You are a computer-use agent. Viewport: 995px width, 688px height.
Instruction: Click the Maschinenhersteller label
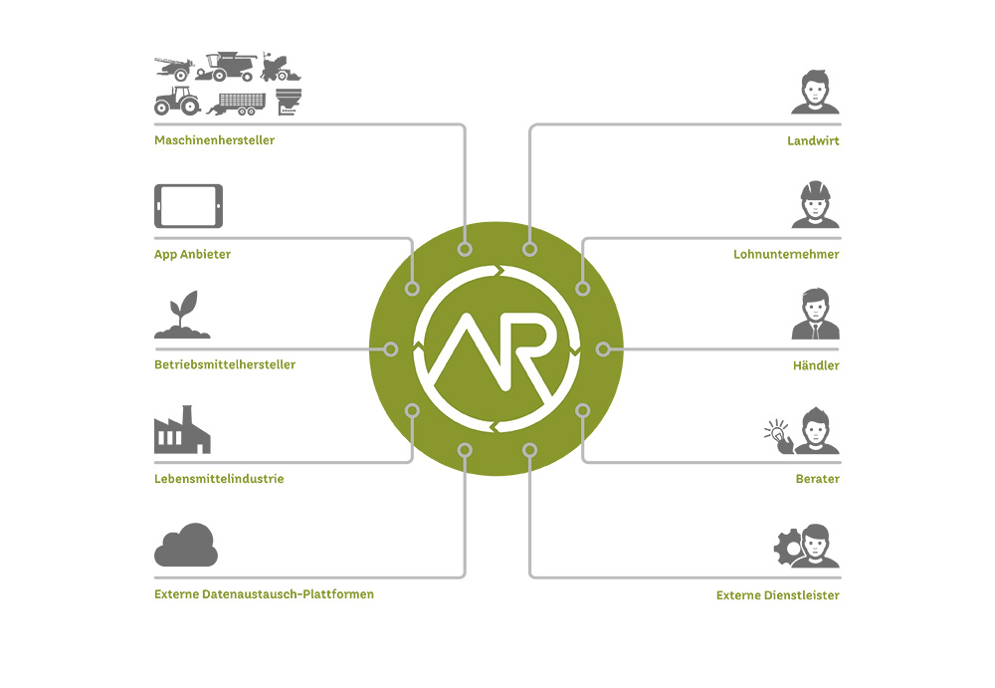tap(214, 140)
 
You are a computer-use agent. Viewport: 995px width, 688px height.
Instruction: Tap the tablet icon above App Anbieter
tap(188, 206)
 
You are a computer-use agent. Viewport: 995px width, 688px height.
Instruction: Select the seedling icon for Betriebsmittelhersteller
tap(182, 316)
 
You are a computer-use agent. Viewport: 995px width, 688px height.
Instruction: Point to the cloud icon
tap(186, 546)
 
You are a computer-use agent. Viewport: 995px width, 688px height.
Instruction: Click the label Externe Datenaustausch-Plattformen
tap(264, 594)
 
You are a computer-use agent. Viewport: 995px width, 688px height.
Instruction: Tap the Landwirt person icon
tap(815, 93)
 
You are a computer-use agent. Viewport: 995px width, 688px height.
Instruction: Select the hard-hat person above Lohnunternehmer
tap(815, 205)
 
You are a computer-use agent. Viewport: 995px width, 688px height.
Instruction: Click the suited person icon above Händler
tap(815, 316)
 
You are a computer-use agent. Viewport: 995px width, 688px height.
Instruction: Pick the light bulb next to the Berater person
tap(775, 432)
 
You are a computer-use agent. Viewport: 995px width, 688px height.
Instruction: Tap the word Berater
tap(817, 479)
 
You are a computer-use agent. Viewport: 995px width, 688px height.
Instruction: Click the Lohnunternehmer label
tap(786, 254)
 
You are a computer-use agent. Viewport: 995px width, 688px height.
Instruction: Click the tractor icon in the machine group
tap(177, 101)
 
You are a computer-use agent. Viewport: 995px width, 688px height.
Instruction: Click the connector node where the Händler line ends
tap(602, 349)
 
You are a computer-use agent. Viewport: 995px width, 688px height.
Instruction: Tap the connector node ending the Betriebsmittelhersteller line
tap(391, 349)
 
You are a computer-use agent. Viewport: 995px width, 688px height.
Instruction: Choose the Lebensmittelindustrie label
tap(219, 479)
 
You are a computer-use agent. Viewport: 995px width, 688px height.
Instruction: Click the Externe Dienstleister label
tap(777, 595)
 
